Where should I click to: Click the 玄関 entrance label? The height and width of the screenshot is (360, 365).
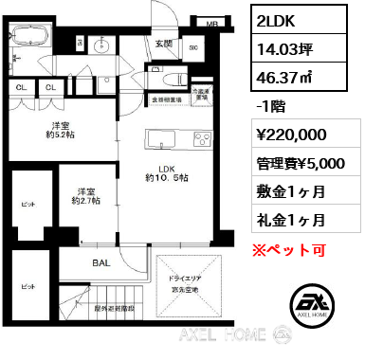click(x=163, y=44)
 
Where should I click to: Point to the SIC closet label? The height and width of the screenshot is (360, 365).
click(x=194, y=46)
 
